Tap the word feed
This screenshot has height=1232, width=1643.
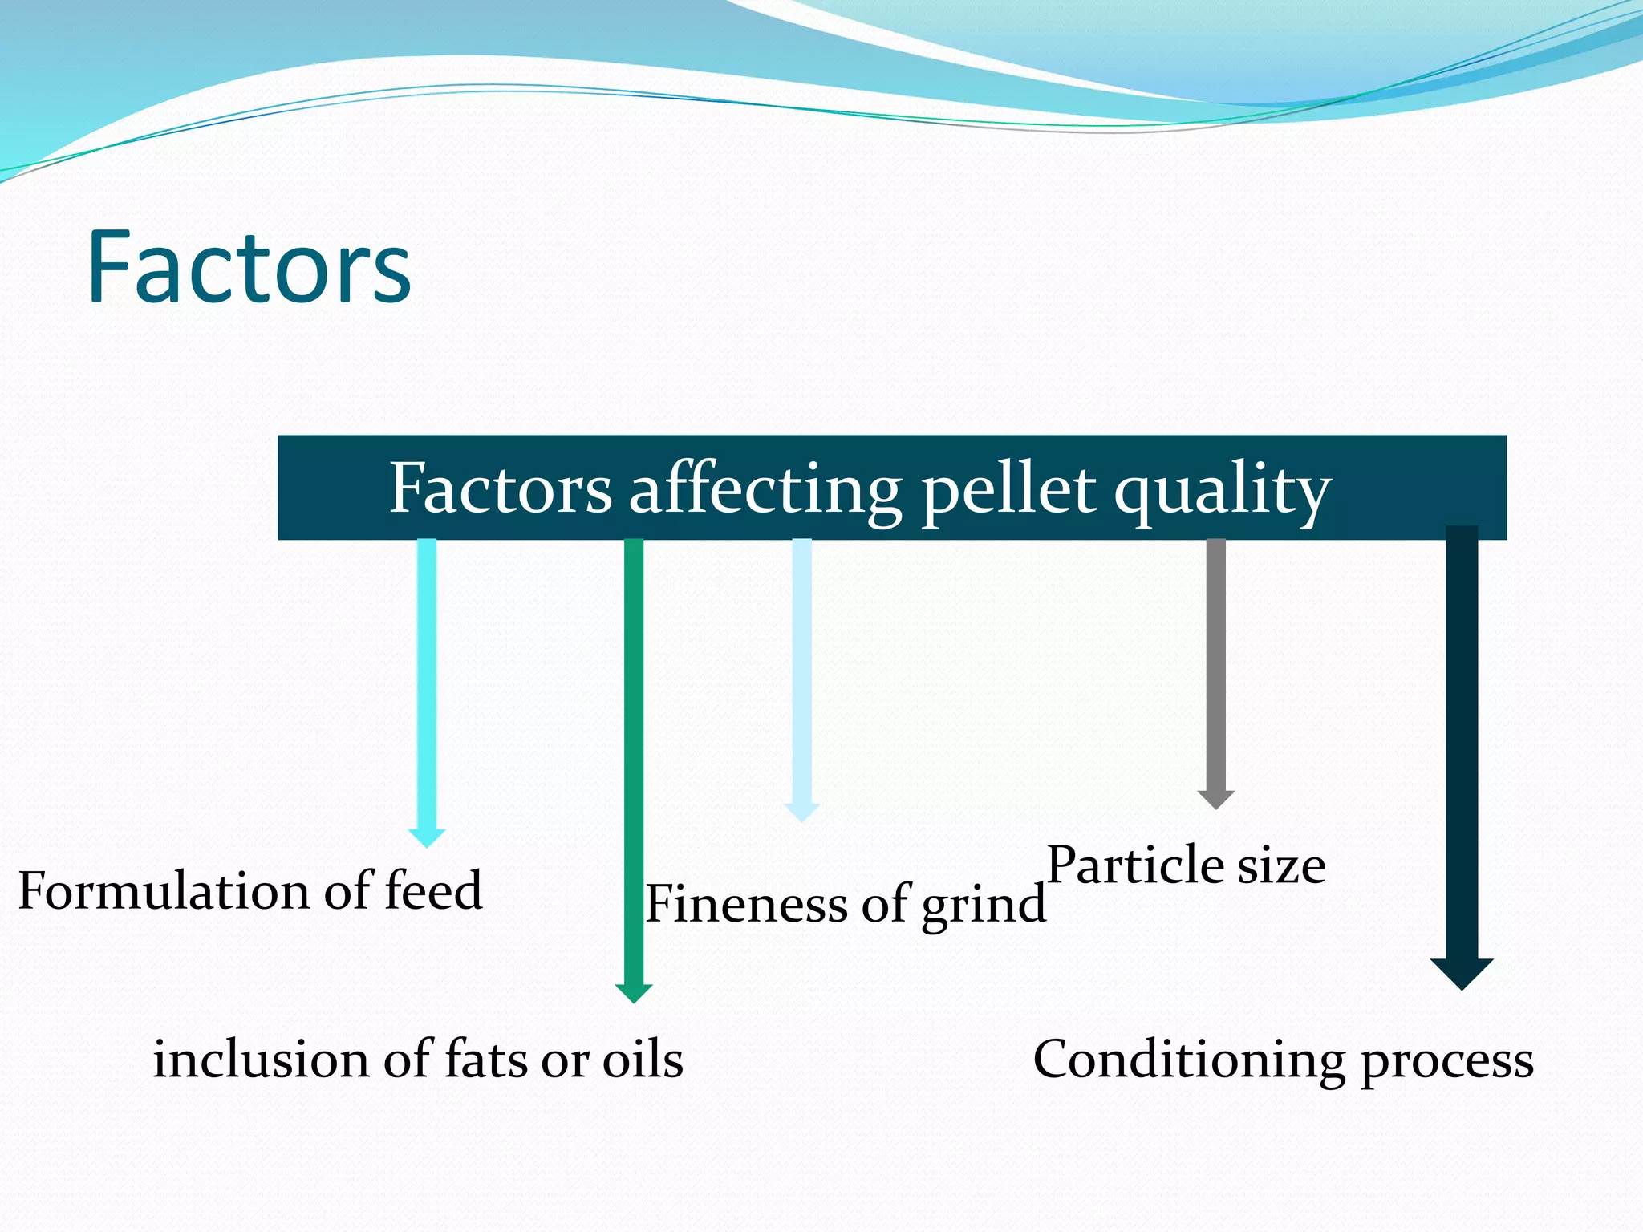click(x=433, y=891)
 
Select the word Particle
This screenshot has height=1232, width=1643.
click(x=1135, y=865)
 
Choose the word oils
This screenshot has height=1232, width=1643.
click(x=642, y=1059)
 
